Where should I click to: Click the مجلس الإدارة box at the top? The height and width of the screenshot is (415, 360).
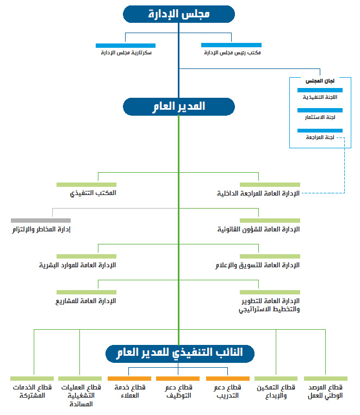pos(179,14)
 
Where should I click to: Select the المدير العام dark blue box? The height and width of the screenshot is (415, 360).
pos(179,106)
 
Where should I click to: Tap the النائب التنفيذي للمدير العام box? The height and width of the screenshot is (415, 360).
pos(180,354)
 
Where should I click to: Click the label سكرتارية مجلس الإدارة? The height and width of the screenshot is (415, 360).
pos(126,53)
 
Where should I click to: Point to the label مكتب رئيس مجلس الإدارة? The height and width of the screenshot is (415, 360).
pos(232,53)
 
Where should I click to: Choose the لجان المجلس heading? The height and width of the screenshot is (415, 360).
pos(320,81)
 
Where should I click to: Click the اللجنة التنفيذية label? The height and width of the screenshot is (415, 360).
pos(320,97)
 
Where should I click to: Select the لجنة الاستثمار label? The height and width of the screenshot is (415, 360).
pos(320,117)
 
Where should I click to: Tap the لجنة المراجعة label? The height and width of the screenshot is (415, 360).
pos(320,137)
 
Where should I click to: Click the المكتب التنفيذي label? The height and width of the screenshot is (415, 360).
pos(93,193)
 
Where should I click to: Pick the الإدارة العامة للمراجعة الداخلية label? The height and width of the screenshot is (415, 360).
pos(258,193)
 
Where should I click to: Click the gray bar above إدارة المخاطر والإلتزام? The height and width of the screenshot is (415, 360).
pos(41,221)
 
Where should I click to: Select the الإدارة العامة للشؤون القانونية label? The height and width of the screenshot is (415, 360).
pos(258,229)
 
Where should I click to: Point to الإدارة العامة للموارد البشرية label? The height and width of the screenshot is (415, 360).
pos(78,265)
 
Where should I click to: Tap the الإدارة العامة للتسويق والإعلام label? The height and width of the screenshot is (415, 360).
pos(257,265)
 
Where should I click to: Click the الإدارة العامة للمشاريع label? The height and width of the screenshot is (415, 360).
pos(86,301)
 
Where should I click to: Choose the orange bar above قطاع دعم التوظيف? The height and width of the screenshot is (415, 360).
pos(178,379)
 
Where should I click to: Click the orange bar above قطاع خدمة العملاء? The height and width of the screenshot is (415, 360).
pos(129,379)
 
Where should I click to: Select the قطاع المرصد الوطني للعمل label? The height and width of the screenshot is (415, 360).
pos(325,392)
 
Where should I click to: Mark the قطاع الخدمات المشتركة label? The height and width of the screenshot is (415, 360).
pos(32,391)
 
